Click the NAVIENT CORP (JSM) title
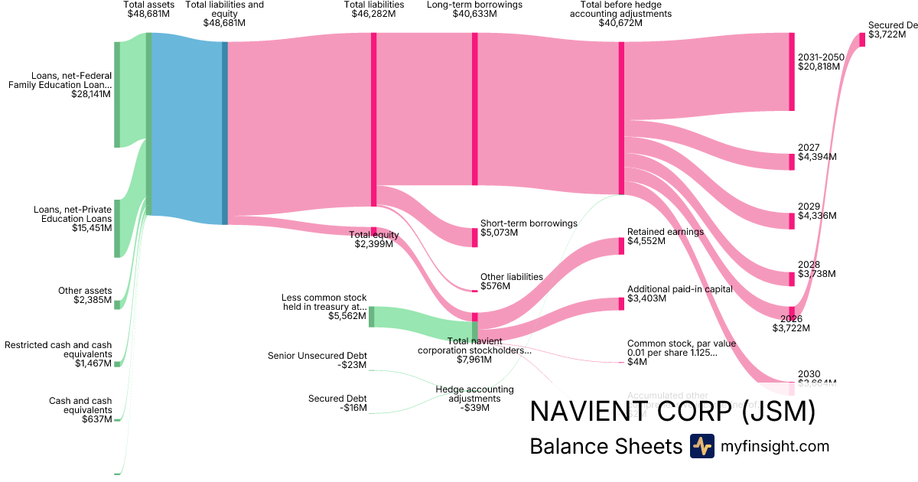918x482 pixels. (672, 412)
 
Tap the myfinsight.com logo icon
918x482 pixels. (702, 446)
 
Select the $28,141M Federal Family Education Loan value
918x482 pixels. (91, 95)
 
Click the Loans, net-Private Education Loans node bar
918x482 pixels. (117, 228)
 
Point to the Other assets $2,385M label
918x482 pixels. (85, 295)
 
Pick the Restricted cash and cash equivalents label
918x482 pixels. (58, 350)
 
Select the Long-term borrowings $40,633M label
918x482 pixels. (474, 9)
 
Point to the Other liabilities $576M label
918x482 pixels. (511, 282)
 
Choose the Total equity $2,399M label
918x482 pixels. (373, 239)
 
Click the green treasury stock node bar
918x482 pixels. (372, 317)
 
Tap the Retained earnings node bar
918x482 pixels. (621, 246)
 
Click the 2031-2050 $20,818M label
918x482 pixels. (820, 62)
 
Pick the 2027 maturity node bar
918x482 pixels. (792, 161)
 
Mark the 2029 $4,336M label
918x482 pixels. (816, 211)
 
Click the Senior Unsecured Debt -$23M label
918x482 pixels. (317, 360)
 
